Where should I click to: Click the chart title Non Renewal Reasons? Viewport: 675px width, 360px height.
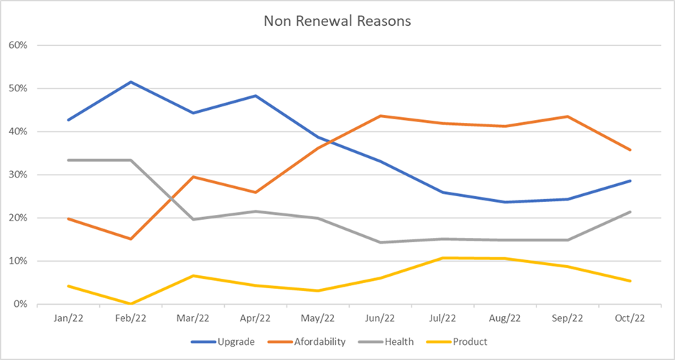(x=337, y=21)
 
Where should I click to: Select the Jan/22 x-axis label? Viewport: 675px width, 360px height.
(x=67, y=318)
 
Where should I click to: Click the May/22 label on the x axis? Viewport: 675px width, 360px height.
(x=317, y=318)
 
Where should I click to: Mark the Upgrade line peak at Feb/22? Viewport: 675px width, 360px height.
(x=130, y=82)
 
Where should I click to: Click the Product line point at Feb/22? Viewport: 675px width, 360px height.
(x=130, y=303)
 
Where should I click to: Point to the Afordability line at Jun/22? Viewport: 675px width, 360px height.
(x=380, y=116)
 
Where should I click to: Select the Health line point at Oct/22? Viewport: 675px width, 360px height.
(x=630, y=212)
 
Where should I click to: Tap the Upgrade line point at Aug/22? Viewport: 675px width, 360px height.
(x=505, y=202)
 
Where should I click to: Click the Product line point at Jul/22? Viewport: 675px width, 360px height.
(x=442, y=258)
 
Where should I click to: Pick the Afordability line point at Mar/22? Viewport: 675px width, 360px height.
(x=192, y=177)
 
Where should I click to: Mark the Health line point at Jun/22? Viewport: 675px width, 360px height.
(x=380, y=242)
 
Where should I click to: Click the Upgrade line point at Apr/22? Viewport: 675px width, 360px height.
(x=255, y=96)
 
